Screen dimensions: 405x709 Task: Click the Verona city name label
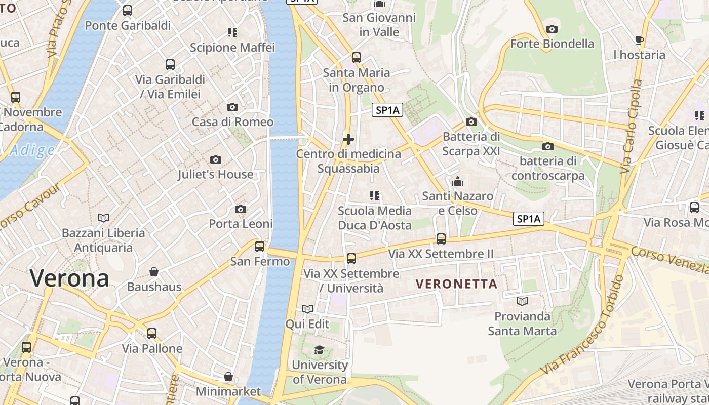pos(69,278)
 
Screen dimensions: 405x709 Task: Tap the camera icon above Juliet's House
pos(215,160)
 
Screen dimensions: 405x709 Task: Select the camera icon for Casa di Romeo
pos(232,107)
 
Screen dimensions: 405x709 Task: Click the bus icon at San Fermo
pos(260,247)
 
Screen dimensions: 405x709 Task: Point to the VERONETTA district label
pos(457,284)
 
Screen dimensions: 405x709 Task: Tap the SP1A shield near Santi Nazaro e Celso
pos(529,219)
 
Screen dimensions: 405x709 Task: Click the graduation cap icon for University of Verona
pos(319,350)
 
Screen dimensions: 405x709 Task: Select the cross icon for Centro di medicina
pos(348,139)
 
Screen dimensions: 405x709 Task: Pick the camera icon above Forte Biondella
pos(552,29)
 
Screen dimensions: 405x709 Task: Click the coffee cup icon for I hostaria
pos(640,40)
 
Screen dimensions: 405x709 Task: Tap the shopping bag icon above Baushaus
pos(154,272)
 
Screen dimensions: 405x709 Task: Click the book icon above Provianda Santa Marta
pos(522,302)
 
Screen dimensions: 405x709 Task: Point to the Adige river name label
pos(31,150)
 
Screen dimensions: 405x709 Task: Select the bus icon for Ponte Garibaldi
pos(128,11)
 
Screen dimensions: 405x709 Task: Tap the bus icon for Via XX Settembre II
pos(441,239)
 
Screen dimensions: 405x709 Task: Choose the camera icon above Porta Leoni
pos(241,209)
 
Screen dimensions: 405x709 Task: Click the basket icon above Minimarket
pos(228,377)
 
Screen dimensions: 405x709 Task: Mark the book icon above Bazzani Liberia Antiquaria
pos(103,218)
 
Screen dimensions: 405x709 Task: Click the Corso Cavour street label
pos(30,205)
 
